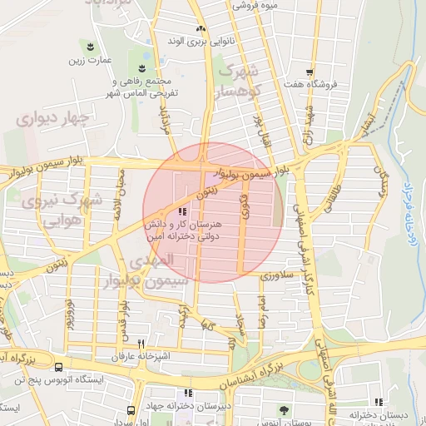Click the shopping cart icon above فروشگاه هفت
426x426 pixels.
click(310, 72)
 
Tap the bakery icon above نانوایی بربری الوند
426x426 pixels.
click(201, 28)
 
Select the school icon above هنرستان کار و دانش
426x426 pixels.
click(183, 212)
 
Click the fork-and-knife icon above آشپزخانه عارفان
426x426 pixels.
click(141, 344)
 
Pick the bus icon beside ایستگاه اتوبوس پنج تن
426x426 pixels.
click(58, 367)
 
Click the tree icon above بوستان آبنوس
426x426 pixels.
click(285, 409)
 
